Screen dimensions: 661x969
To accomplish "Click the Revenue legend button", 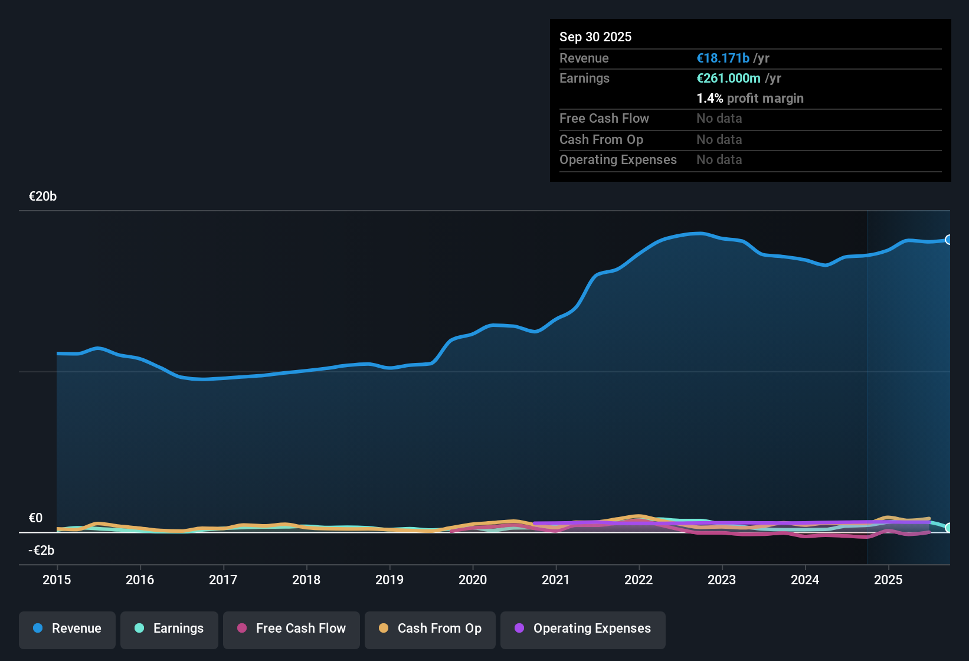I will point(67,629).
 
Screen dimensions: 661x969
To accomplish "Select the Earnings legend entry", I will point(169,629).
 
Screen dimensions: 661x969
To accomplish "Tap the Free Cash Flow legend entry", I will point(292,629).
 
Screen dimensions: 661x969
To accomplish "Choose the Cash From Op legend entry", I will point(430,629).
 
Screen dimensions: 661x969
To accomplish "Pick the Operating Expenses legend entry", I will point(583,629).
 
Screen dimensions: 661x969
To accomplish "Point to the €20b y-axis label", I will point(42,197).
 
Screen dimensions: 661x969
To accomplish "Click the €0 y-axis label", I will point(35,518).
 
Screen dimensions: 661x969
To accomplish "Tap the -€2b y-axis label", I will point(41,551).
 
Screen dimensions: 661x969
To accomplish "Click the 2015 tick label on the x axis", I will point(57,580).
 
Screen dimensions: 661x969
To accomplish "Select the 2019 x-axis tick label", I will point(389,580).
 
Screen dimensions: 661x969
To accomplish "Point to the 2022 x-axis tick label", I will point(639,580).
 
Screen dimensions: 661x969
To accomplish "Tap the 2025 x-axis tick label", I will point(888,580).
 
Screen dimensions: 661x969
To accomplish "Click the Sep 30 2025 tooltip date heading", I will point(595,37).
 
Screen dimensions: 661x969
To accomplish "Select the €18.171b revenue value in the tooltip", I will point(723,58).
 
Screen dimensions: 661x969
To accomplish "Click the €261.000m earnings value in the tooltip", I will point(728,78).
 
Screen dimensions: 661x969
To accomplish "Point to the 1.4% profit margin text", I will point(749,99).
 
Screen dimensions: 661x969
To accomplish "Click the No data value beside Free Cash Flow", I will point(719,119).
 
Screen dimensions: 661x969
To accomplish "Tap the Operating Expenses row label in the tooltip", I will point(618,160).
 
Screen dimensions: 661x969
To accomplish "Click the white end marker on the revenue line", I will point(949,240).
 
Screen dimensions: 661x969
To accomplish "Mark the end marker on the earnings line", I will point(949,528).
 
